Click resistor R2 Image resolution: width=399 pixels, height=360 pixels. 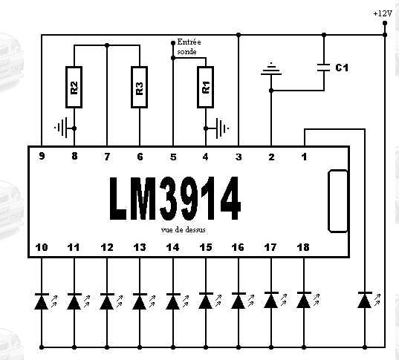coord(74,87)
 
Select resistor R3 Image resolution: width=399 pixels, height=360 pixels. coord(140,87)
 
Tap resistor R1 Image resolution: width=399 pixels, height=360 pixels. coord(205,87)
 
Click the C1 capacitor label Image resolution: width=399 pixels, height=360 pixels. coord(342,68)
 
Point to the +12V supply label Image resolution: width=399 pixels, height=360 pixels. coord(383,13)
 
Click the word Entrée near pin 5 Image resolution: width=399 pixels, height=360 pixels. coord(189,42)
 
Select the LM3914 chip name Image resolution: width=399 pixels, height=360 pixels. coord(175,198)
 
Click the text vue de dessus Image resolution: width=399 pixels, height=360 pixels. coord(184,230)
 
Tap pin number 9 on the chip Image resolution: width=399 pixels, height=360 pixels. coord(42,156)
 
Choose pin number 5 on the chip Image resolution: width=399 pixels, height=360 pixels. coord(173,157)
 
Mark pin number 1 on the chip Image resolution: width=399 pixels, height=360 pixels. coord(305,157)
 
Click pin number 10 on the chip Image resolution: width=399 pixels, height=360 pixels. coord(42,247)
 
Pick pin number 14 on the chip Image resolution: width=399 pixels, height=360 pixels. coord(173,247)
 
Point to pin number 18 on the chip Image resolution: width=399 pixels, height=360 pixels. coord(303,247)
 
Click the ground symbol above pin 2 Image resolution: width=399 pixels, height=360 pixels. coord(271,70)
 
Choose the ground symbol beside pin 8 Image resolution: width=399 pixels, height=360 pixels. coord(62,128)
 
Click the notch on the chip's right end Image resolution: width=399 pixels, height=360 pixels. coord(337,201)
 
